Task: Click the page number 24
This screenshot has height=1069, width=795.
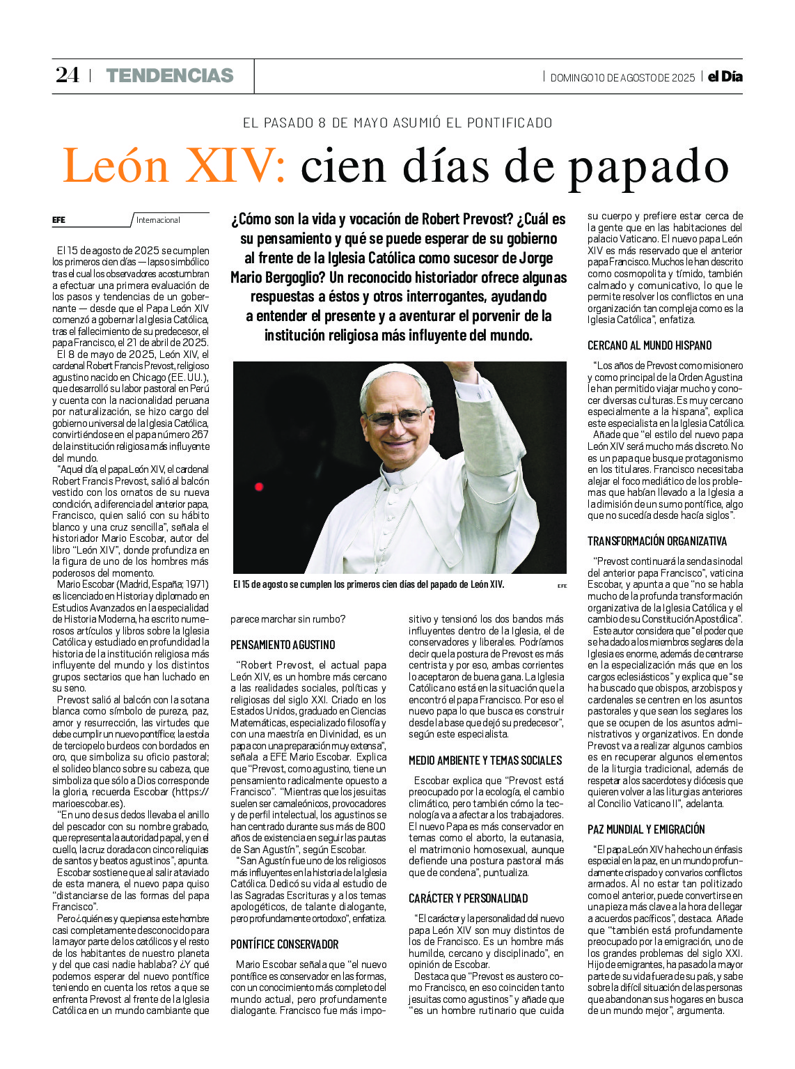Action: click(68, 75)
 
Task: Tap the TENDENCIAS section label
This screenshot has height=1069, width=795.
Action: click(170, 75)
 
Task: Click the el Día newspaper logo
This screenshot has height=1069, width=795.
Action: click(725, 77)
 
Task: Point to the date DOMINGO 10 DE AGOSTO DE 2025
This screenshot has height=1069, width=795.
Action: click(622, 78)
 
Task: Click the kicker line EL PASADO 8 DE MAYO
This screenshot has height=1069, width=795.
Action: click(397, 123)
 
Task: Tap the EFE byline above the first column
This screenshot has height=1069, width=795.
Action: click(59, 220)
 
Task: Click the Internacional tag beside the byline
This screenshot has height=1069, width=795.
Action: click(158, 220)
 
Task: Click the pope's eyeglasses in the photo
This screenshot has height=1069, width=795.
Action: click(397, 418)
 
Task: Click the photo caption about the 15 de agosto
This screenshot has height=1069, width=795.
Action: click(368, 585)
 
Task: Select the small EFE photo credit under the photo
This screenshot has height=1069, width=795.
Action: click(562, 586)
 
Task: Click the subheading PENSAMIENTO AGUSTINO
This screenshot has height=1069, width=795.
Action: click(283, 645)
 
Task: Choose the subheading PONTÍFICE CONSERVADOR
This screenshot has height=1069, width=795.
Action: click(285, 944)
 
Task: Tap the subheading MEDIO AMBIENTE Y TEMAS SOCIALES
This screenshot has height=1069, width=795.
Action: click(485, 760)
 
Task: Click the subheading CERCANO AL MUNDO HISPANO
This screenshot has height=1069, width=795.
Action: click(650, 345)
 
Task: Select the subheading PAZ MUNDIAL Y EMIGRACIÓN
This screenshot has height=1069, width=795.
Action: click(646, 829)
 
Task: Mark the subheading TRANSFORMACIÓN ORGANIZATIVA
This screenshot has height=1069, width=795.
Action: click(657, 541)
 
